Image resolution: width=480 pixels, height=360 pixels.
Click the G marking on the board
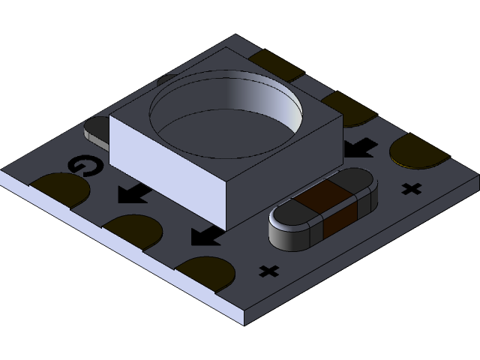point(82,166)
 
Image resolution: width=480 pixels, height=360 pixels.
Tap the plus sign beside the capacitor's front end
point(268,270)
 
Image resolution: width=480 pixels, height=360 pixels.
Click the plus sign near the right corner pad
point(410,188)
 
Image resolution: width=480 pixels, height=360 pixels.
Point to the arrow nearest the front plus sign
point(205,237)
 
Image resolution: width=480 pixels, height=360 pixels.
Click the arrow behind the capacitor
point(361,145)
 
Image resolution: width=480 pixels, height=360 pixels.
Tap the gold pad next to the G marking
point(59,188)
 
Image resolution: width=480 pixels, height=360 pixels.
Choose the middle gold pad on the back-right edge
point(347,107)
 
